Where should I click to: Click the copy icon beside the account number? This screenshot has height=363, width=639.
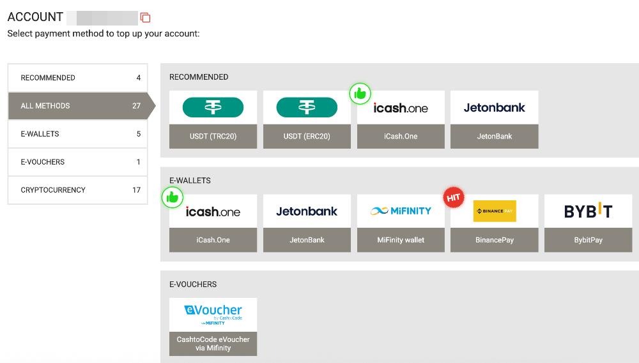[x=146, y=17]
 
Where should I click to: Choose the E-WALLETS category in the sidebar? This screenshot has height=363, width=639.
[x=78, y=134]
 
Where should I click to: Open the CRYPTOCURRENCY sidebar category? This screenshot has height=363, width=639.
[x=78, y=190]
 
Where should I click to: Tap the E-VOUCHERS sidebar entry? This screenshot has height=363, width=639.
[x=78, y=162]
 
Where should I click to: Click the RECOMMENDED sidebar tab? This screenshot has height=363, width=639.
[x=78, y=78]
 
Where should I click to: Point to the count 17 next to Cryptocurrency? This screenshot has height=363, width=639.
[x=137, y=190]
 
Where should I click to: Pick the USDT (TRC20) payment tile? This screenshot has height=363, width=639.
[x=213, y=120]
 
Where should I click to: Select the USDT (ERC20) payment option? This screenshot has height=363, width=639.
[x=307, y=120]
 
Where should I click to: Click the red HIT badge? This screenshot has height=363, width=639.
[x=454, y=198]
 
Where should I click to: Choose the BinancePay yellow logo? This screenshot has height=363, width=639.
[x=495, y=211]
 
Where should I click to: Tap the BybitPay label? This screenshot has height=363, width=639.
[x=589, y=240]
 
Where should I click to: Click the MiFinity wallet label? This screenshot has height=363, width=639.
[x=401, y=240]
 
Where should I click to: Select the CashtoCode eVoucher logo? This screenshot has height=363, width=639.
[x=213, y=315]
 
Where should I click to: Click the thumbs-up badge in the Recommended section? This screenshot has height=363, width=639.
[x=360, y=94]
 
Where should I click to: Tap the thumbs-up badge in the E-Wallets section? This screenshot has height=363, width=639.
[x=173, y=197]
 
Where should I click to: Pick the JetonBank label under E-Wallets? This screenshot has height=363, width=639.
[x=307, y=240]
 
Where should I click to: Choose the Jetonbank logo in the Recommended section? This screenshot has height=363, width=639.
[x=495, y=107]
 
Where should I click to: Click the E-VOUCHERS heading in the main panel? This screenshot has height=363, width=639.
[x=193, y=285]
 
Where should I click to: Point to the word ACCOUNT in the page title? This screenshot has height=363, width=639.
[x=35, y=17]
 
